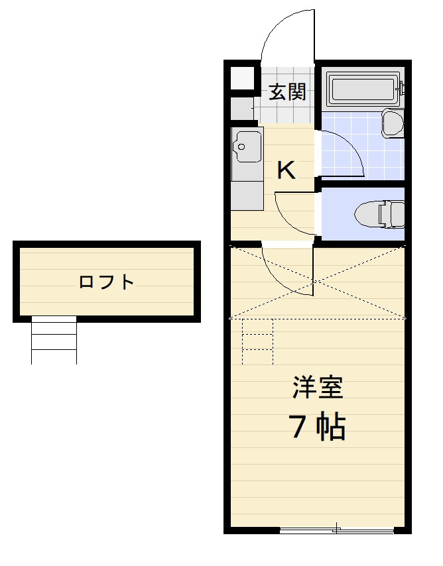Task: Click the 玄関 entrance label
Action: [287, 92]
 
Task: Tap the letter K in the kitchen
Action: [286, 170]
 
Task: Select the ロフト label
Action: [106, 282]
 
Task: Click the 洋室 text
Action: [318, 388]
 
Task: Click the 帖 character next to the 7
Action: [330, 427]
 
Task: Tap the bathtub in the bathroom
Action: [363, 91]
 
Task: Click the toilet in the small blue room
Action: [379, 213]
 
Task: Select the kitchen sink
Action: [245, 146]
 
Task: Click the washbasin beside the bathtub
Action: [393, 124]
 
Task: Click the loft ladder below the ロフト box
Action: [54, 340]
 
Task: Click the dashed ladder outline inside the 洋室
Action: [258, 341]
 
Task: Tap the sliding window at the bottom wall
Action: [336, 530]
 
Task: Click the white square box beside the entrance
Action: [243, 78]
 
